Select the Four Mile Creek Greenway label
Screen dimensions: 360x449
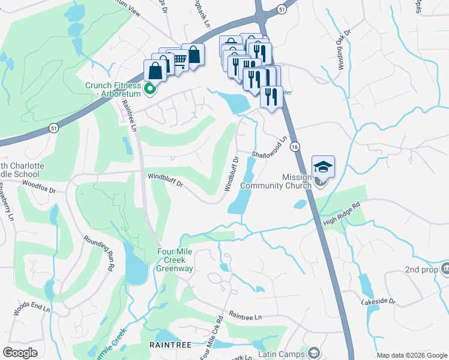tap(175, 260)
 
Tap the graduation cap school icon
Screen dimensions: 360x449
tap(323, 167)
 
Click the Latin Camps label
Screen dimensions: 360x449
tap(282, 354)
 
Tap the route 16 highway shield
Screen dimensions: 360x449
tap(294, 146)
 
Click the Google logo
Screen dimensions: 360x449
tap(20, 353)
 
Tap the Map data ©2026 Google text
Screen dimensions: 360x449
tap(411, 355)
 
